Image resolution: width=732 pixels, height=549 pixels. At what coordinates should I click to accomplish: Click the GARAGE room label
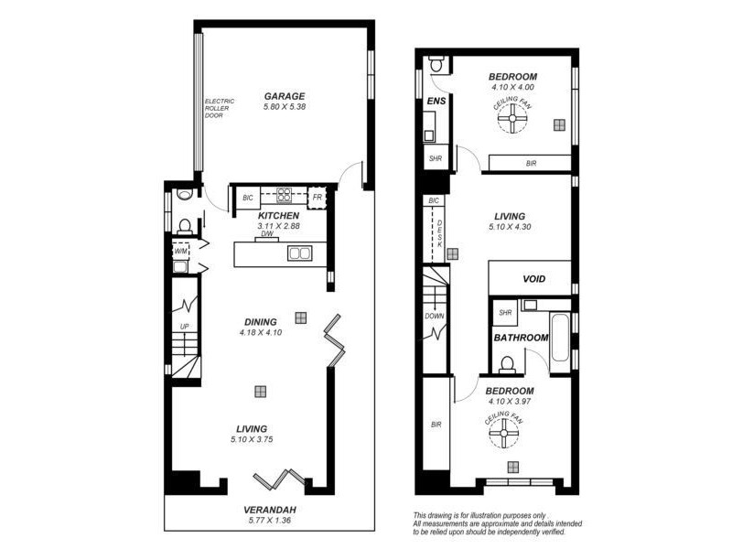tap(285, 95)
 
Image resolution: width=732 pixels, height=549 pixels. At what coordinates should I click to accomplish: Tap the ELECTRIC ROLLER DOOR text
tap(220, 109)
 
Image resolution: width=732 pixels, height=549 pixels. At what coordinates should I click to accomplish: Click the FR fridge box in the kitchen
tap(318, 197)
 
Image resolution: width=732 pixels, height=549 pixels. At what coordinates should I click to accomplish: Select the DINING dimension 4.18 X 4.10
tap(260, 333)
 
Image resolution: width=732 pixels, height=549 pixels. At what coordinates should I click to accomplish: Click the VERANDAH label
tap(268, 510)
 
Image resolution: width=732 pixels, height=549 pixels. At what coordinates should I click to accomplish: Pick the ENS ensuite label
tap(436, 101)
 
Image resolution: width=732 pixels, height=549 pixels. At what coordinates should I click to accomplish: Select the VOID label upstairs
tap(534, 279)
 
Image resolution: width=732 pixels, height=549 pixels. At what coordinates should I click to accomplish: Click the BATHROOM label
tap(521, 338)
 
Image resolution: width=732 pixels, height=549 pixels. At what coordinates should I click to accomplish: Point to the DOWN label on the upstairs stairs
tap(435, 317)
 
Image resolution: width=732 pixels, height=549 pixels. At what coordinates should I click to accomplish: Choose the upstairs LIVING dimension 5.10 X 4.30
tap(511, 226)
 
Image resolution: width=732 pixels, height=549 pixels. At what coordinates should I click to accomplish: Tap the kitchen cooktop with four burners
tap(284, 196)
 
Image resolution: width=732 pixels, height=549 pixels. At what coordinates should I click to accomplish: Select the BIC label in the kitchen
tap(247, 197)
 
